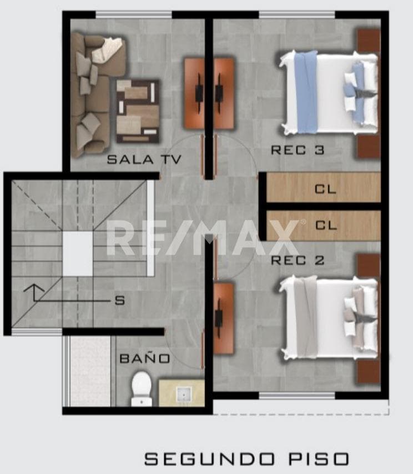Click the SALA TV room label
144,159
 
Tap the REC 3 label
298,150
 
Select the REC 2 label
298,260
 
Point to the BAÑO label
145,358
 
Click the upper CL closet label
325,189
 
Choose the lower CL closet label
326,225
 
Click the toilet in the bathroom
142,389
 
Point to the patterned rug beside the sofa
138,111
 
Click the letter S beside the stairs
119,301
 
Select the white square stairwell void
78,254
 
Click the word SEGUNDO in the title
209,459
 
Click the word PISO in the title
319,459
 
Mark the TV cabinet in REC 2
224,318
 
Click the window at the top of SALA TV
134,14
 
